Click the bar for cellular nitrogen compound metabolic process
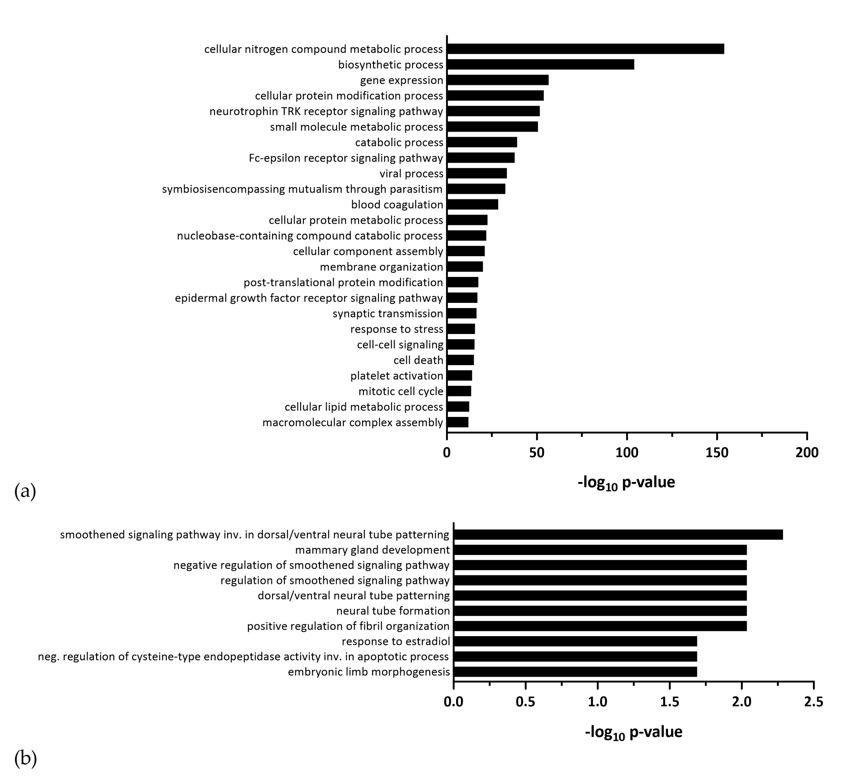click(x=585, y=49)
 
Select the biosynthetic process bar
click(x=540, y=64)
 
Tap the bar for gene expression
click(x=498, y=80)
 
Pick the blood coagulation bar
click(x=472, y=204)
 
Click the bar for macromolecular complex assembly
click(x=458, y=422)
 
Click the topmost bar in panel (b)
click(x=618, y=534)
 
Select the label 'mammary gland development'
click(x=372, y=550)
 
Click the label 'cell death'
click(x=418, y=360)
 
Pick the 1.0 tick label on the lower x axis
click(x=597, y=702)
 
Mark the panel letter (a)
click(x=25, y=491)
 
